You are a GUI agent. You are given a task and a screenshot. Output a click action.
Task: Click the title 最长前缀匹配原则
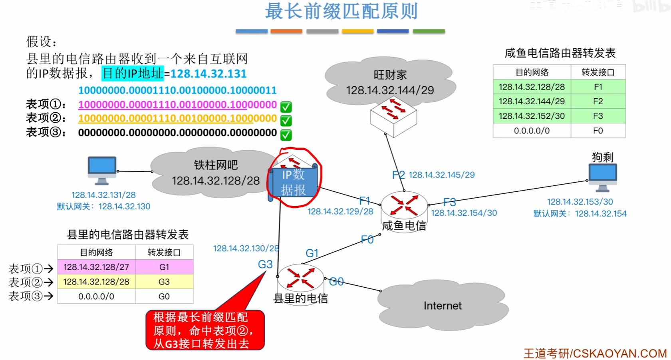pyautogui.click(x=341, y=11)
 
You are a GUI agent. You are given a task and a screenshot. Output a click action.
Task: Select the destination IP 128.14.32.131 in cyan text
pyautogui.click(x=208, y=74)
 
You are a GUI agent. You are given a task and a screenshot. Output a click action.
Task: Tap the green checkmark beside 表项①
pyautogui.click(x=286, y=107)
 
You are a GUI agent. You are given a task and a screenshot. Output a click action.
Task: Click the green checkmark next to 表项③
pyautogui.click(x=286, y=135)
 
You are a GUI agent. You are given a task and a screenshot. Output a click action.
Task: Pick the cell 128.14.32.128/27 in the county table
pyautogui.click(x=96, y=267)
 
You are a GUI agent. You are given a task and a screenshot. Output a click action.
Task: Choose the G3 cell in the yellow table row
pyautogui.click(x=164, y=282)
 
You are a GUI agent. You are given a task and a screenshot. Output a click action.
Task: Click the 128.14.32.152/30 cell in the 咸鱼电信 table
pyautogui.click(x=532, y=116)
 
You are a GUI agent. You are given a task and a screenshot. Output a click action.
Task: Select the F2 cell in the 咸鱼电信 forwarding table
pyautogui.click(x=598, y=101)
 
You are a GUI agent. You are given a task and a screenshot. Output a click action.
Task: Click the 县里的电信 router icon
pyautogui.click(x=300, y=277)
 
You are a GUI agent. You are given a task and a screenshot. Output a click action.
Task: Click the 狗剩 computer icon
pyautogui.click(x=603, y=177)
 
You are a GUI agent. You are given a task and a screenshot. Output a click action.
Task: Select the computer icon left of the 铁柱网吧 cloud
pyautogui.click(x=102, y=170)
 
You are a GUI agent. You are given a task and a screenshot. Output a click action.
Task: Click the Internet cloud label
pyautogui.click(x=443, y=306)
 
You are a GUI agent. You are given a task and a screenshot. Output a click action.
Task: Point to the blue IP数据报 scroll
pyautogui.click(x=294, y=182)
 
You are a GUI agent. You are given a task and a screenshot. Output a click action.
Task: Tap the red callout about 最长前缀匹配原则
pyautogui.click(x=205, y=330)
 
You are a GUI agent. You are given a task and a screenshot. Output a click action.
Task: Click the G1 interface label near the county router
pyautogui.click(x=312, y=253)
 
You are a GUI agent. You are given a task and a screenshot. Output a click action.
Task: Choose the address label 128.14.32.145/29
pyautogui.click(x=441, y=175)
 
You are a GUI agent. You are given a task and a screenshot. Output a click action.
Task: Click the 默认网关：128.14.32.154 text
pyautogui.click(x=580, y=214)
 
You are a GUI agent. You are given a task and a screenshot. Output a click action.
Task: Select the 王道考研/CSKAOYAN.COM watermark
pyautogui.click(x=595, y=353)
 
